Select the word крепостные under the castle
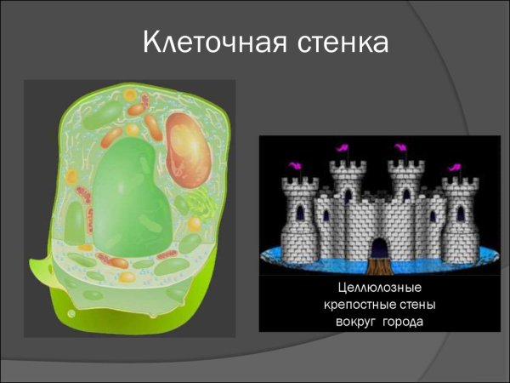pyautogui.click(x=358, y=305)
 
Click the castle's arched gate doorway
pyautogui.click(x=378, y=247)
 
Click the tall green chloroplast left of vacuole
pyautogui.click(x=76, y=221)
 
